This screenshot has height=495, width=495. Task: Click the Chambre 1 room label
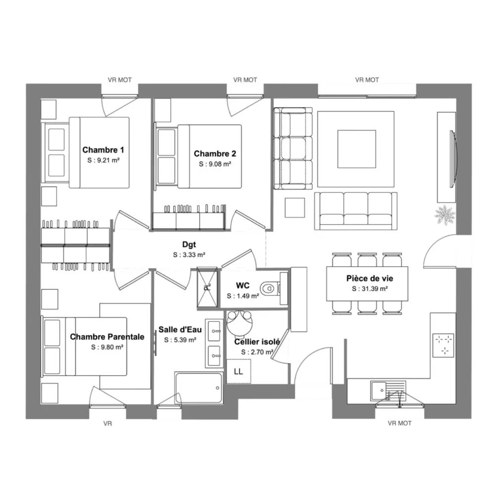(103, 149)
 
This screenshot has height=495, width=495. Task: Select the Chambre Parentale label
(107, 337)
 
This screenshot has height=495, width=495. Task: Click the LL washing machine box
(239, 371)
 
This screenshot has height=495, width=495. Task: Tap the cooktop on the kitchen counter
(443, 345)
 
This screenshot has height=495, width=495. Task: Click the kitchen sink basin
(379, 391)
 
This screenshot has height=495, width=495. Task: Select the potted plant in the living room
(445, 215)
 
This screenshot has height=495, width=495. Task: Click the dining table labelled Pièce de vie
(367, 284)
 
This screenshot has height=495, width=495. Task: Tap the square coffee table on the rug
(357, 149)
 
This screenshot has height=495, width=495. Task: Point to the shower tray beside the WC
(207, 287)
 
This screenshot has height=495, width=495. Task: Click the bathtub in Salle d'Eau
(199, 388)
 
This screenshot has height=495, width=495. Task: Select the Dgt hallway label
(189, 245)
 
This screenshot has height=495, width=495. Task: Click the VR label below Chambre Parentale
(107, 423)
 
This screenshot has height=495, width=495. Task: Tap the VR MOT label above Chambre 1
(120, 80)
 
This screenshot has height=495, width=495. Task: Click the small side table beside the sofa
(295, 208)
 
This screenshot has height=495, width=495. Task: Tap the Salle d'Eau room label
(180, 330)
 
